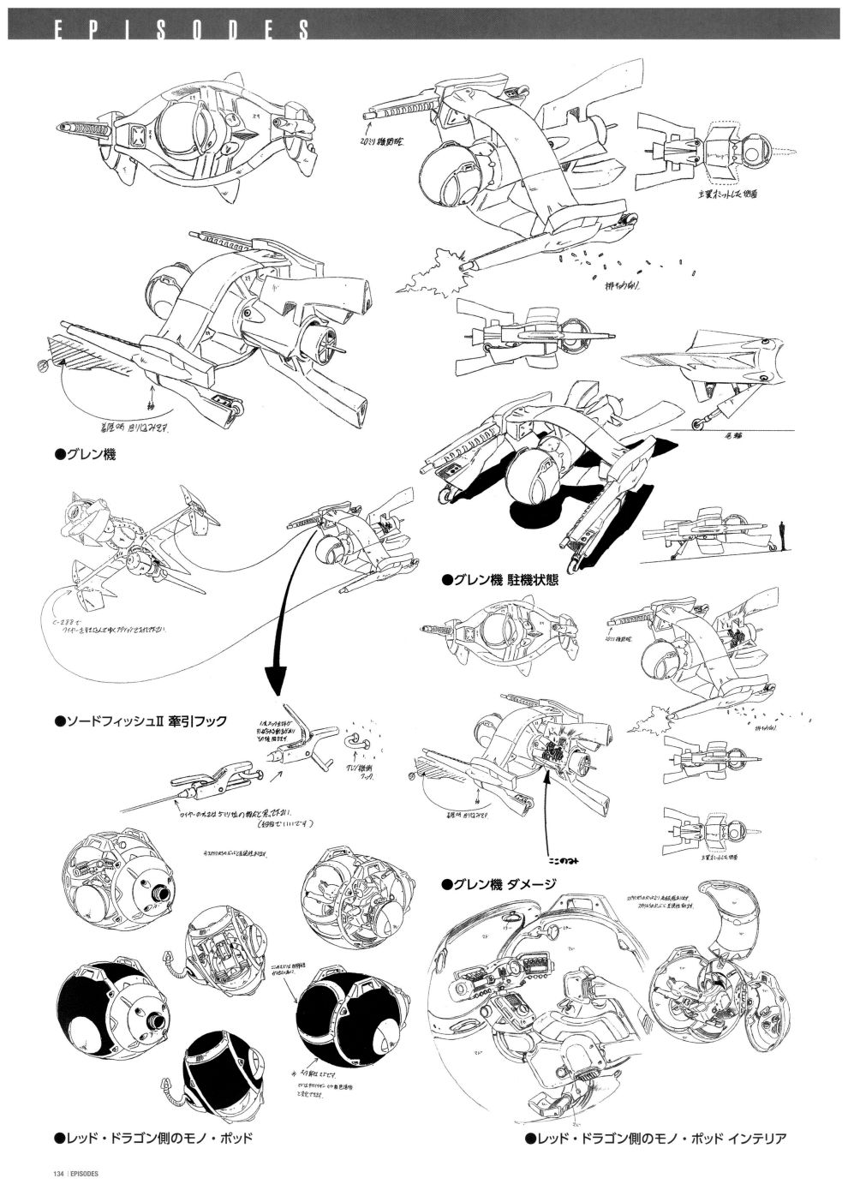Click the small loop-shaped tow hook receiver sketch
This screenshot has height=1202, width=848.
coord(355,740)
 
